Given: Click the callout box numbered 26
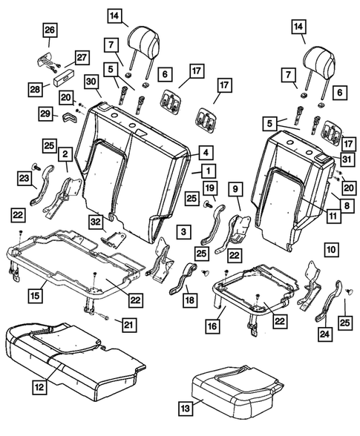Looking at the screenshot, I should [48, 30].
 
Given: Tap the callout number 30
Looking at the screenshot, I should [91, 82].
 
